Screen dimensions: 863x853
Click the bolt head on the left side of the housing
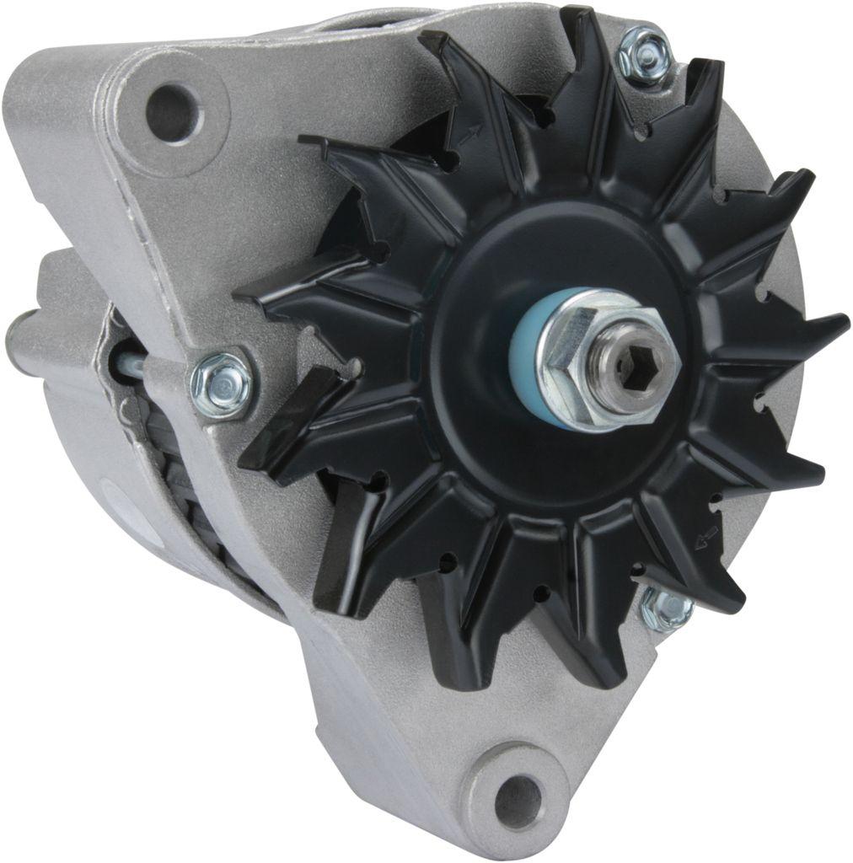(x=222, y=383)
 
